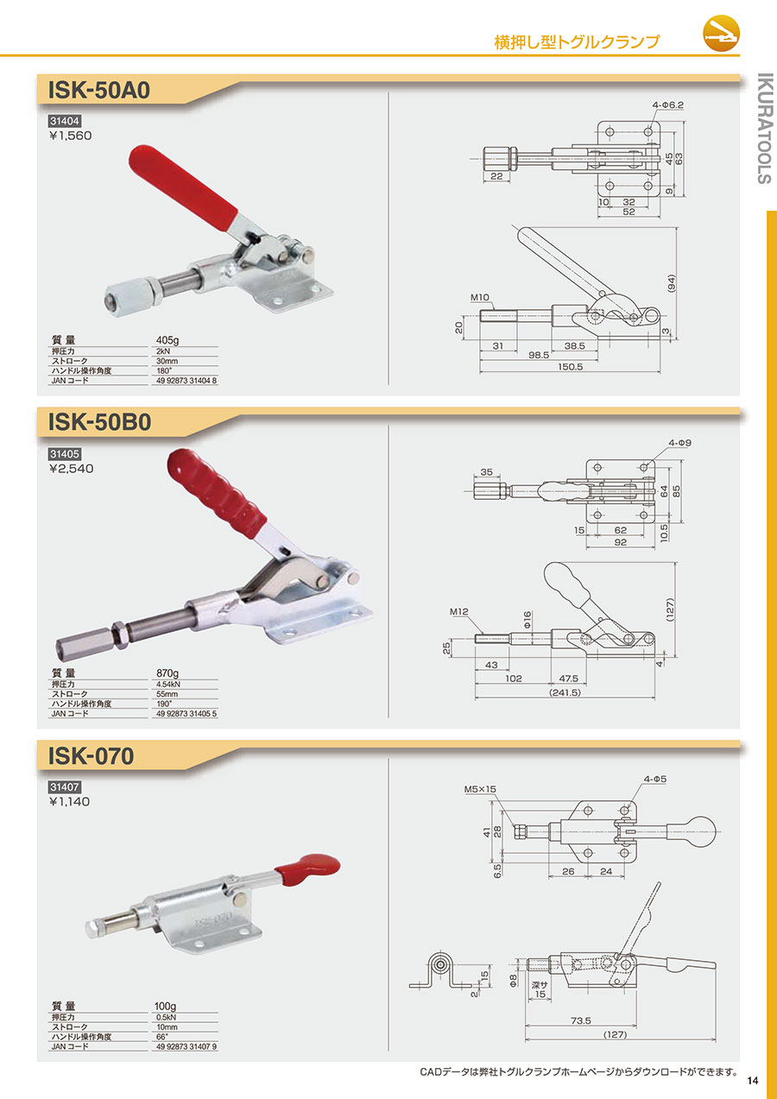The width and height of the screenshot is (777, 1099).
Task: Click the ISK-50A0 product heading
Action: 99,91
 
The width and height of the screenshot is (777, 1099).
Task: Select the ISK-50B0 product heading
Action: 99,422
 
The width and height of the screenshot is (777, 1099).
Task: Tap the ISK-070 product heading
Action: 91,756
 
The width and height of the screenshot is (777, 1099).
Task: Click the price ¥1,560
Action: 71,136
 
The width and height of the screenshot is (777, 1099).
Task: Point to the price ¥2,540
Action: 71,469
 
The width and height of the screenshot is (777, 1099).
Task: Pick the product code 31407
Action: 64,787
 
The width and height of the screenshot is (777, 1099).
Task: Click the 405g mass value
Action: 167,340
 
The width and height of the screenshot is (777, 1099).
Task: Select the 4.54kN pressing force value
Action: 168,684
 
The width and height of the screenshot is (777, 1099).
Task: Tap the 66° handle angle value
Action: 162,1037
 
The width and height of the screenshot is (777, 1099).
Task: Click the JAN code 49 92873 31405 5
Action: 186,713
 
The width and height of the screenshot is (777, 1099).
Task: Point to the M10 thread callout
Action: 480,297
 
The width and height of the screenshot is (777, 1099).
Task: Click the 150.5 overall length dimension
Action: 570,367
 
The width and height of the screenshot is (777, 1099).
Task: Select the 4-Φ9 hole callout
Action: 679,443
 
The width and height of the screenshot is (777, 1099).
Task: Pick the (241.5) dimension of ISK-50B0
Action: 565,692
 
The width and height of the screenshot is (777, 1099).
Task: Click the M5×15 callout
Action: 480,789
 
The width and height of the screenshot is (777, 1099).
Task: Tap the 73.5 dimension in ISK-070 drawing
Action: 581,1020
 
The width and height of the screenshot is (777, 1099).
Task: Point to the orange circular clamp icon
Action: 721,34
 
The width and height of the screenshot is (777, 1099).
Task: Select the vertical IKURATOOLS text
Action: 765,129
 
